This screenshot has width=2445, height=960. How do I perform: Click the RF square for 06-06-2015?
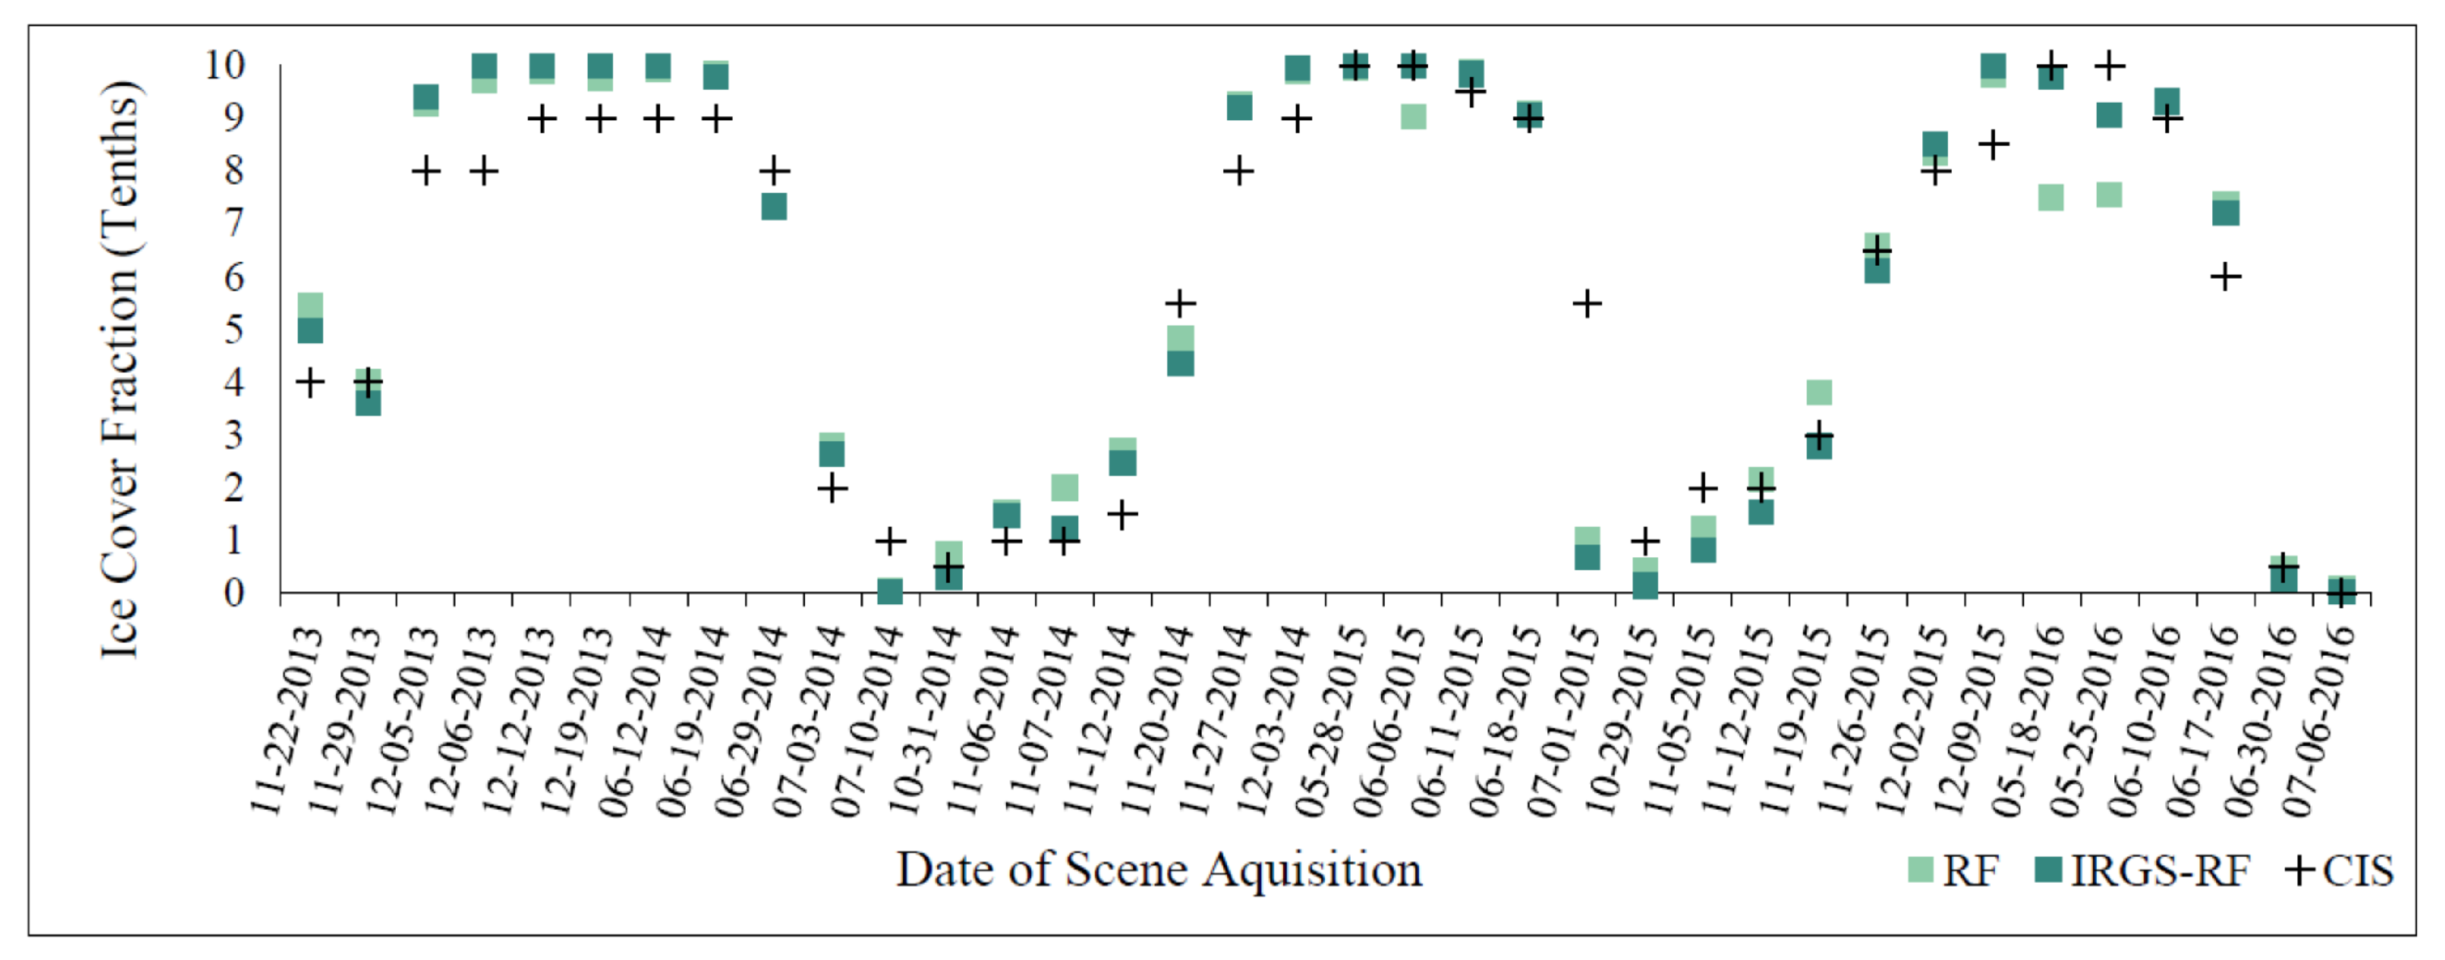point(1413,117)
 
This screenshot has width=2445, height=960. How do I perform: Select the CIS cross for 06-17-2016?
point(2226,277)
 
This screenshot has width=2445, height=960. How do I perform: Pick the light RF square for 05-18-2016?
point(2051,197)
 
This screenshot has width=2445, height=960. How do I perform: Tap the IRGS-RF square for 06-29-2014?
point(774,206)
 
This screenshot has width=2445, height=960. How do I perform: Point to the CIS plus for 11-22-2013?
point(309,383)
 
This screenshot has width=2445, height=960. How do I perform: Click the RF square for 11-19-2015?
point(1818,392)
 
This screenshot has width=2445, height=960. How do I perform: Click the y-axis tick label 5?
point(233,330)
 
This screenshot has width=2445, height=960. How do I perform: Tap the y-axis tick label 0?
point(233,593)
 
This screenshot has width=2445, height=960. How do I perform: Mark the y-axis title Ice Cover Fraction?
point(121,371)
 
